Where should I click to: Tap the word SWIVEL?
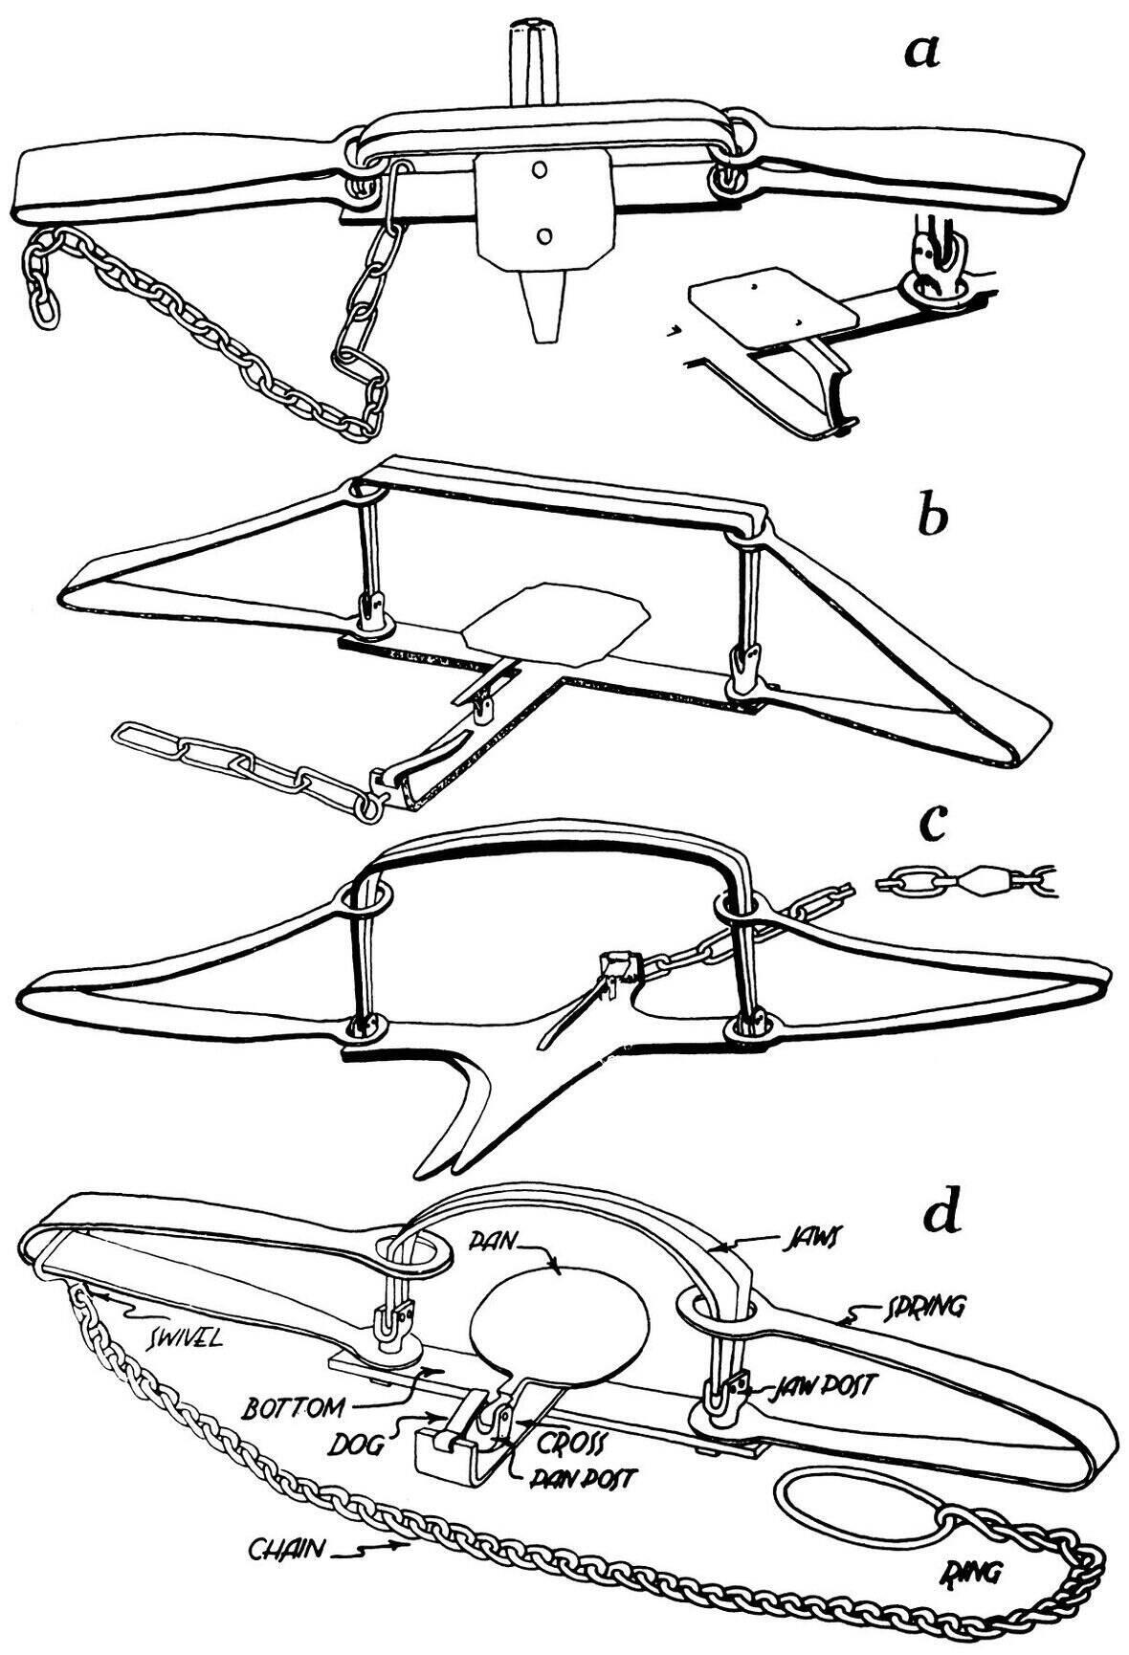[182, 1336]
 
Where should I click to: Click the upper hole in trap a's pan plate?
[541, 169]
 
